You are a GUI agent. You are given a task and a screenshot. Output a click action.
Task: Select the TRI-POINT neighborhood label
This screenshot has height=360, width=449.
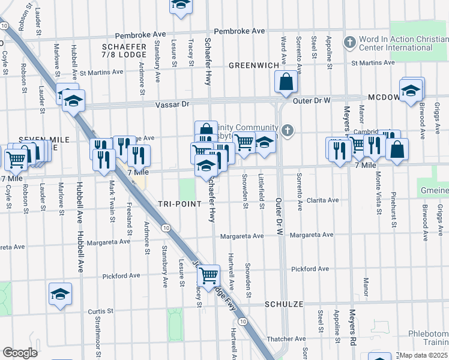179,204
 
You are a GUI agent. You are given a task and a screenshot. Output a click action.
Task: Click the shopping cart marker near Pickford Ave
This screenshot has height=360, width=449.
208,276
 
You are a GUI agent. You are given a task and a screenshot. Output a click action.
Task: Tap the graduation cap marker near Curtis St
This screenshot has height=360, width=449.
60,295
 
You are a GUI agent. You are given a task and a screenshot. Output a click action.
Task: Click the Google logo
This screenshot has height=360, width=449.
19,353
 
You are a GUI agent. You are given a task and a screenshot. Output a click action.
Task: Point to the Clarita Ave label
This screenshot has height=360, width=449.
322,200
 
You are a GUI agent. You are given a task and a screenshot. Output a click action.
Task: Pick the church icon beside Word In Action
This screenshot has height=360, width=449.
349,42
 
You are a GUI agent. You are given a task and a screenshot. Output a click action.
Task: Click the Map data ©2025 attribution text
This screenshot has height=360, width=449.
423,355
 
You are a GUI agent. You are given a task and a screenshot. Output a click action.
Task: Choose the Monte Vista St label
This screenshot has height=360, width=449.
378,192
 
